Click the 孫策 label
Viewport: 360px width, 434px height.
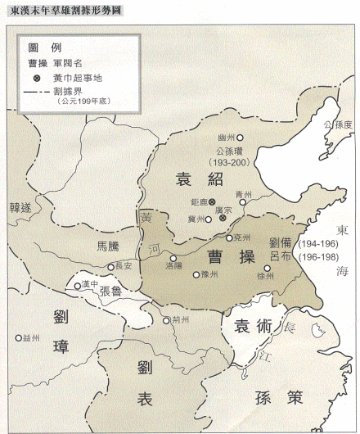279,398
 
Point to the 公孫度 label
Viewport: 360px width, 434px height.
337,124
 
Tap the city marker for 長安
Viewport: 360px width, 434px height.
111,267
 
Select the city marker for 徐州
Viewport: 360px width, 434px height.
268,267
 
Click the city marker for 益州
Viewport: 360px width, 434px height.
18,337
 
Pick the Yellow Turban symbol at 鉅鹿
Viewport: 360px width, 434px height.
212,201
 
